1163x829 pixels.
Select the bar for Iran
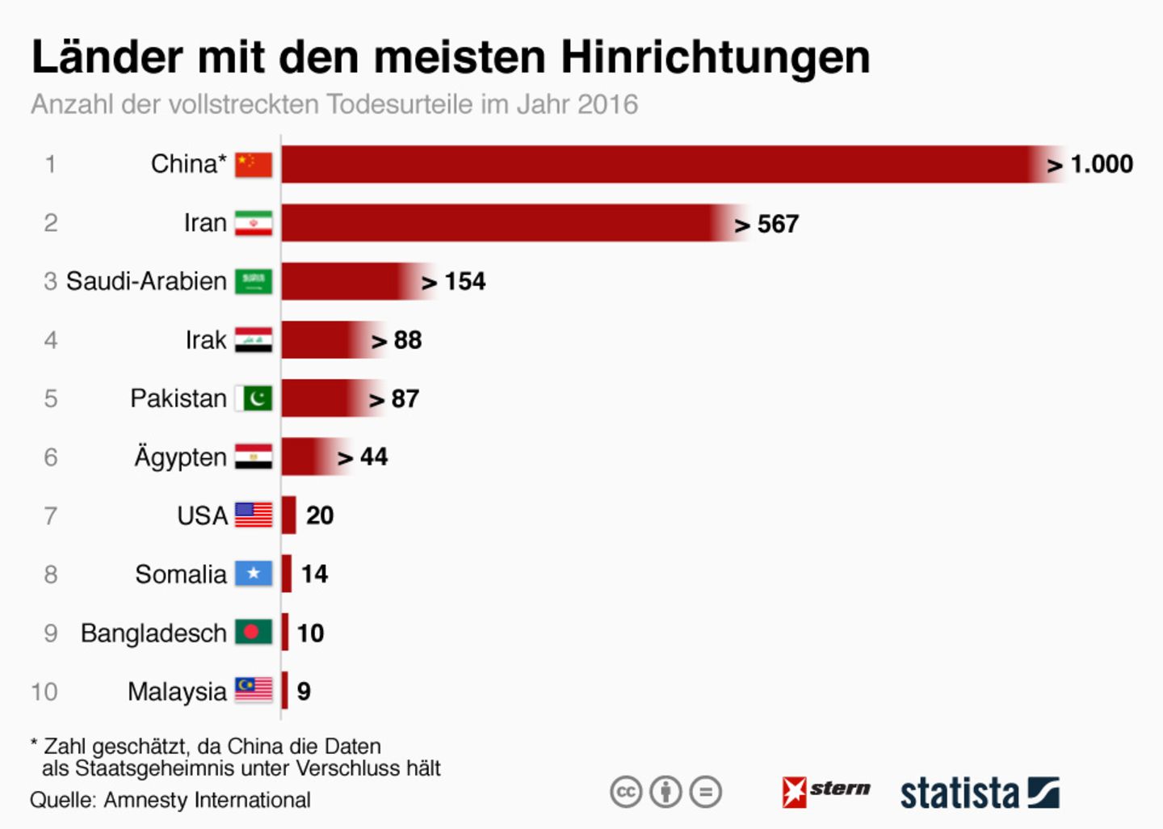[x=501, y=223]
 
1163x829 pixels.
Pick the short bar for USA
[x=289, y=515]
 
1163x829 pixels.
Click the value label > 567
[x=766, y=224]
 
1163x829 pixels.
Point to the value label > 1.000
[x=1090, y=165]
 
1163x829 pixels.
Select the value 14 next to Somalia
[x=314, y=574]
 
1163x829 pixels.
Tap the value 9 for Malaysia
[x=304, y=692]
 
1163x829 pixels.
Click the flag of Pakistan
[x=254, y=398]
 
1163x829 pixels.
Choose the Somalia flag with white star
[x=254, y=574]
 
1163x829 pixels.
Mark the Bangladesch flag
[x=254, y=633]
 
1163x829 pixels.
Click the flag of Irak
[x=254, y=340]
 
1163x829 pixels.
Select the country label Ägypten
[x=180, y=457]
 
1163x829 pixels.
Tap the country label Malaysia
[x=177, y=692]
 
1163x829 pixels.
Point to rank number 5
[x=50, y=398]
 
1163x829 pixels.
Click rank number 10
[x=44, y=692]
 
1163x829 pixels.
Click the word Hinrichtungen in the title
[x=716, y=57]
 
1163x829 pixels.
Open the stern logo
[x=826, y=791]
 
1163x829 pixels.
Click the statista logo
[x=979, y=793]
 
